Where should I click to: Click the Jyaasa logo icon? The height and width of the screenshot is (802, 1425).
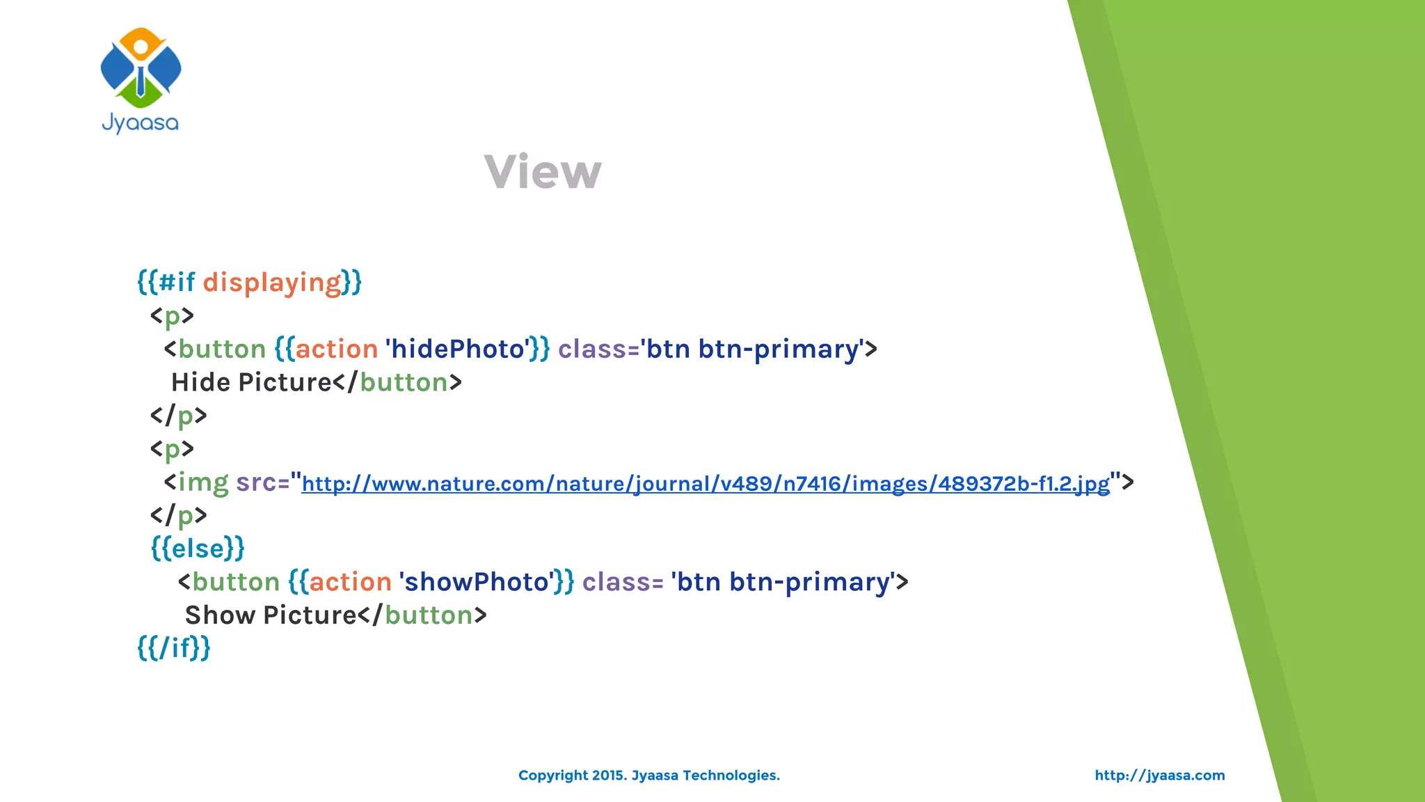point(141,68)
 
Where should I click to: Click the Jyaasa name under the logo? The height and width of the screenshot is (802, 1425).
point(141,123)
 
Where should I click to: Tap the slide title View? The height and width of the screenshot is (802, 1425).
point(543,172)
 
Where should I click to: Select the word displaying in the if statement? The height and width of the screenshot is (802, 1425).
point(272,283)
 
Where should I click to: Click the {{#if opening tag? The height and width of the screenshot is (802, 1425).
point(166,283)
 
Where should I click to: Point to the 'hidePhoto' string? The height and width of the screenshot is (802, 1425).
point(457,349)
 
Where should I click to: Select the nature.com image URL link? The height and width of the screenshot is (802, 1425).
point(706,483)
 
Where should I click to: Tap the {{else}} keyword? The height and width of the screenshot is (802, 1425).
point(198,549)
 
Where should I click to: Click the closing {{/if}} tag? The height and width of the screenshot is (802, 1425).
point(174,648)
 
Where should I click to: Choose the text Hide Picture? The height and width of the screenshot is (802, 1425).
point(251,382)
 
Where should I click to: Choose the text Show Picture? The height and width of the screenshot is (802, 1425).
point(271,615)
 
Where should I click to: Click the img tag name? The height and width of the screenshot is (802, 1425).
point(203,482)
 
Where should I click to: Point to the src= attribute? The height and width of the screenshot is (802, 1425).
point(262,482)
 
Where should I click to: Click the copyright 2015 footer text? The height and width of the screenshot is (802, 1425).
point(648,776)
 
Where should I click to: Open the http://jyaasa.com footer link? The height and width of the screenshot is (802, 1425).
point(1159,776)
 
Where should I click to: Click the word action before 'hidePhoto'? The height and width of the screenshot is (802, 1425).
point(337,349)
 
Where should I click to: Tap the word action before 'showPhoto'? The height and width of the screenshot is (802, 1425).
point(351,582)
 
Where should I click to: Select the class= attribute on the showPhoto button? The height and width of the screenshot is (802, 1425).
point(623,582)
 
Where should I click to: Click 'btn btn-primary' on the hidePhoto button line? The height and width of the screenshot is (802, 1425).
point(752,349)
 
